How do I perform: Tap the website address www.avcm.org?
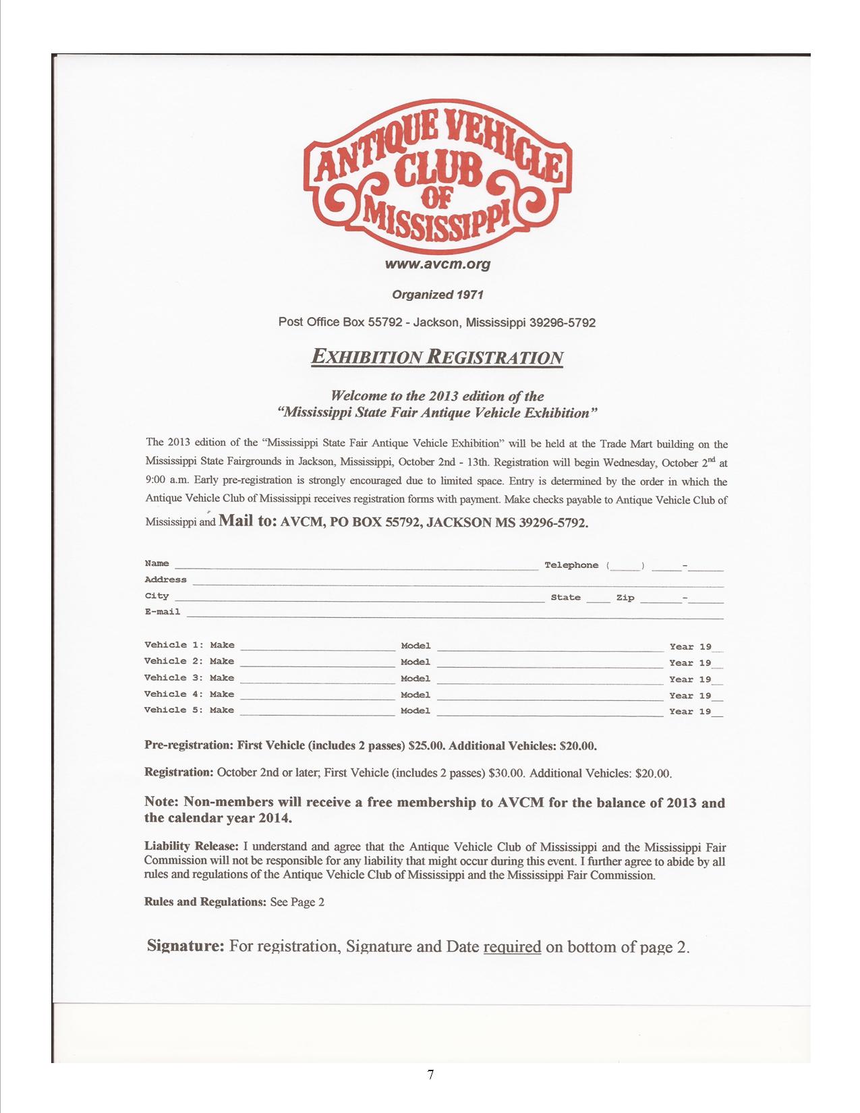(437, 264)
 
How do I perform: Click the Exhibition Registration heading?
(436, 357)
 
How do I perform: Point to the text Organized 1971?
(437, 295)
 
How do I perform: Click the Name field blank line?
(356, 566)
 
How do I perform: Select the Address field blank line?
(457, 582)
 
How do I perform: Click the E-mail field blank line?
(454, 615)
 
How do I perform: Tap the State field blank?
(598, 598)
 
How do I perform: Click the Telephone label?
(571, 565)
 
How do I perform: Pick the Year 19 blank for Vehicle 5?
(717, 713)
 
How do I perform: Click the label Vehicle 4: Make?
(189, 694)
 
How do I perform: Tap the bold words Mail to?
(248, 521)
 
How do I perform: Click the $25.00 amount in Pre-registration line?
(427, 746)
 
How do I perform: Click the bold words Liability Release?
(191, 846)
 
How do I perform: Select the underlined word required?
(512, 946)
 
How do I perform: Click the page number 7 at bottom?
(430, 1074)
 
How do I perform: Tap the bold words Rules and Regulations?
(205, 902)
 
